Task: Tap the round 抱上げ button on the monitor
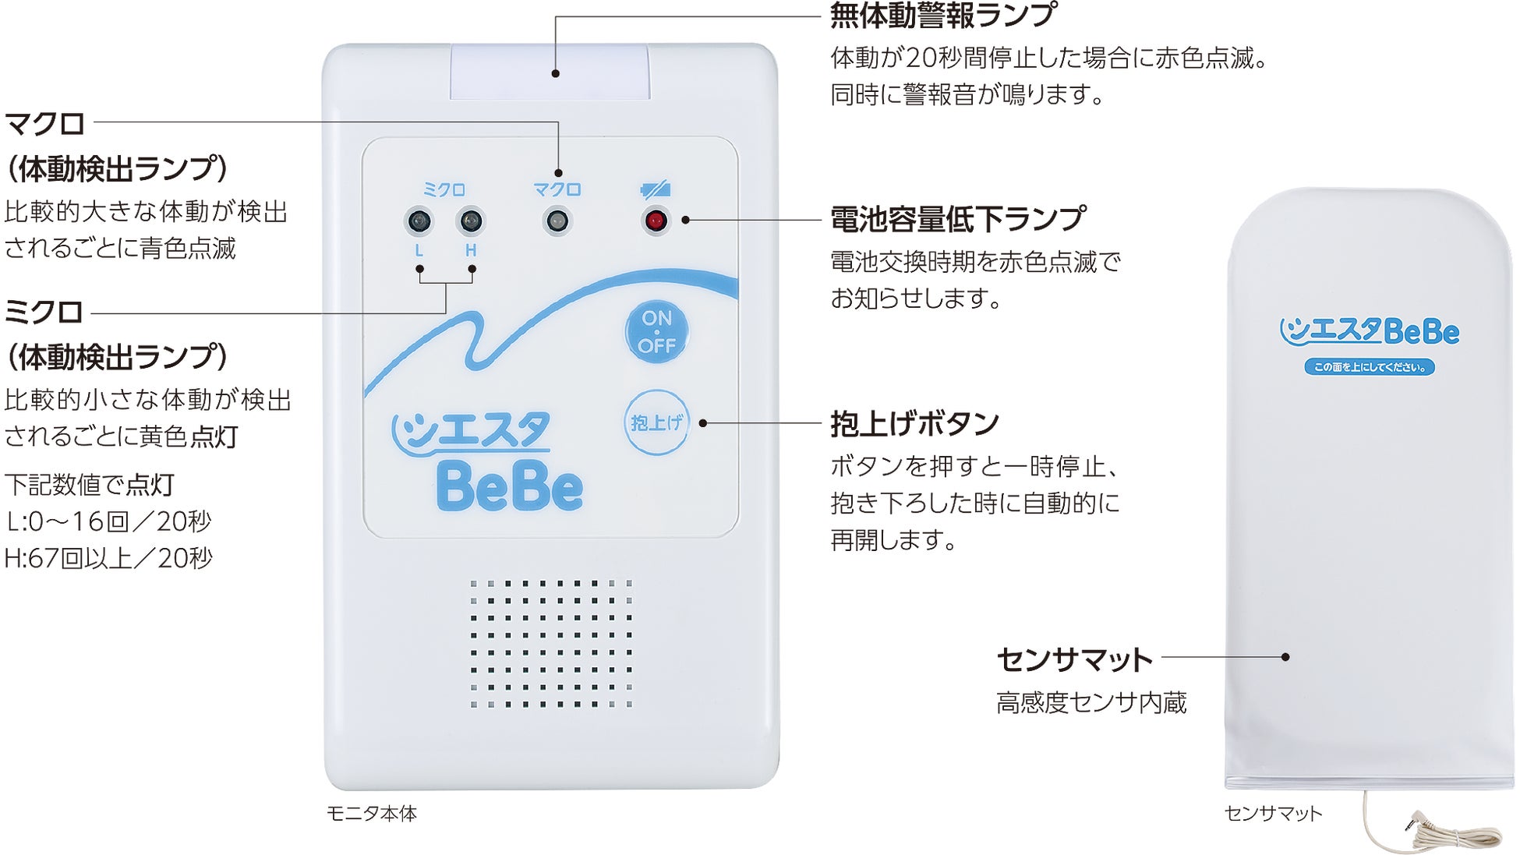[656, 422]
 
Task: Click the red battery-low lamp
[656, 221]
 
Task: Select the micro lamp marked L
[419, 221]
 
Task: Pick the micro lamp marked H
[471, 221]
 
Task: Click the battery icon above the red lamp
[655, 189]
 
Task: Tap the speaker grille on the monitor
[550, 644]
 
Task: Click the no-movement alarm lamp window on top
[550, 72]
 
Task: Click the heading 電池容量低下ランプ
[957, 219]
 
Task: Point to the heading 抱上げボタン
[914, 424]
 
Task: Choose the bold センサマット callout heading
[1074, 659]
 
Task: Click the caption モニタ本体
[372, 814]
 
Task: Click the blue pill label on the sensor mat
[1370, 367]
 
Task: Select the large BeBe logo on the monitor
[510, 487]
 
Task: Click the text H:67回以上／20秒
[109, 558]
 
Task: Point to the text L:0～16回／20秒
[109, 521]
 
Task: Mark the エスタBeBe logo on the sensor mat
[1370, 331]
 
